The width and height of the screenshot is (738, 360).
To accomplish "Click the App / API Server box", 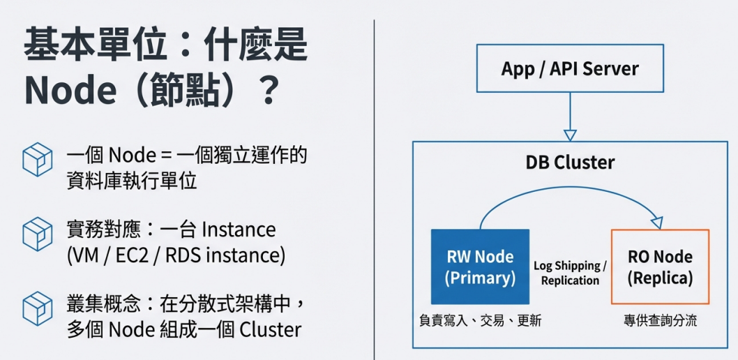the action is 570,68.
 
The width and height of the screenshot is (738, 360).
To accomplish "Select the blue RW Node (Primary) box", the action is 480,267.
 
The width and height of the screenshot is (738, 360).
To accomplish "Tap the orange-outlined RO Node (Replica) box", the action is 660,267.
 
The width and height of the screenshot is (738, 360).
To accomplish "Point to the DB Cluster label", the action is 570,163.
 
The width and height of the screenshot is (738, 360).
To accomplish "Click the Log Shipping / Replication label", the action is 570,273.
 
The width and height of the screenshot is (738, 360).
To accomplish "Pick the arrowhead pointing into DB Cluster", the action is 570,135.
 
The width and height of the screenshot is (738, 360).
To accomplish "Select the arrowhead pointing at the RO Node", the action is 656,221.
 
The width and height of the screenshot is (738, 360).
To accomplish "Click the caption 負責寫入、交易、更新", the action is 480,322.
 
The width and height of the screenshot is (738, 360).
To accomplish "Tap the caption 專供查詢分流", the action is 660,322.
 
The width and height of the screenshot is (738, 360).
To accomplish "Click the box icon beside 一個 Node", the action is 37,160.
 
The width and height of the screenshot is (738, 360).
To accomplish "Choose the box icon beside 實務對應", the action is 37,234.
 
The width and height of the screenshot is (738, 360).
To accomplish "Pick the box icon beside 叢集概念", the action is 37,308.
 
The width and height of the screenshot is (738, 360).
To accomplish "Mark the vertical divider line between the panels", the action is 374,188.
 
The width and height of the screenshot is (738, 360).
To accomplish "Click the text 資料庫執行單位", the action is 131,181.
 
